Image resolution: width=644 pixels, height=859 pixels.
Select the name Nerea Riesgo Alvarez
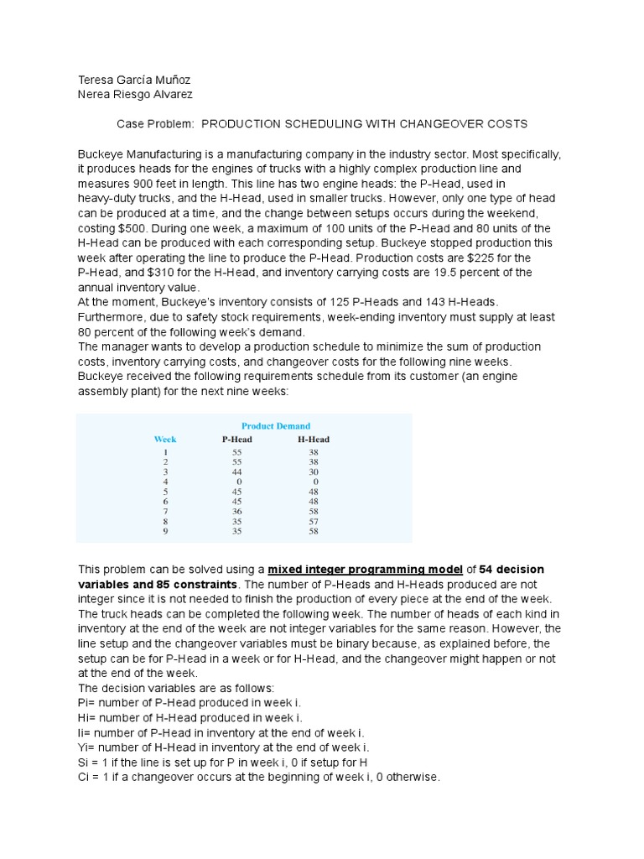click(x=135, y=95)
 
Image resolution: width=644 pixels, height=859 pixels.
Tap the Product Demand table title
click(x=276, y=426)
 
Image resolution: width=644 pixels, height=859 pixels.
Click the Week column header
click(x=165, y=439)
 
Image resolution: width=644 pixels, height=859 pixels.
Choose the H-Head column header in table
click(x=314, y=439)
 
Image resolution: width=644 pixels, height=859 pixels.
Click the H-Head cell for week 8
click(x=314, y=521)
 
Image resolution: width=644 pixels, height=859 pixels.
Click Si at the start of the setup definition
click(x=84, y=763)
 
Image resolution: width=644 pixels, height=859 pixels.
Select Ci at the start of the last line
click(x=84, y=778)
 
